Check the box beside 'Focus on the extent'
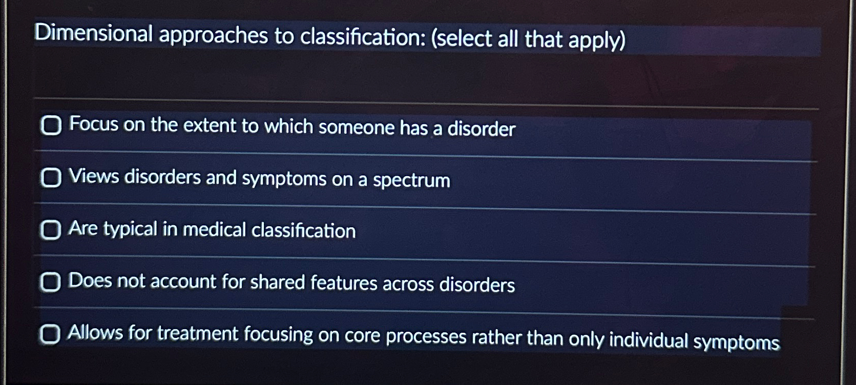tap(51, 125)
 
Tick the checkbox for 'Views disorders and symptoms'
tap(51, 178)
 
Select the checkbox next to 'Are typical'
tap(51, 230)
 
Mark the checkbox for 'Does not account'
tap(50, 282)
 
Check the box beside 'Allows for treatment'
tap(50, 334)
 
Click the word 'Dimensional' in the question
tap(94, 34)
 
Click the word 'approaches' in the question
tap(213, 35)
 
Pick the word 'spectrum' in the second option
tap(411, 181)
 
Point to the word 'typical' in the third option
tap(130, 229)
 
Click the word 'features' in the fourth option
tap(344, 283)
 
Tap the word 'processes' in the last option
tap(426, 337)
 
